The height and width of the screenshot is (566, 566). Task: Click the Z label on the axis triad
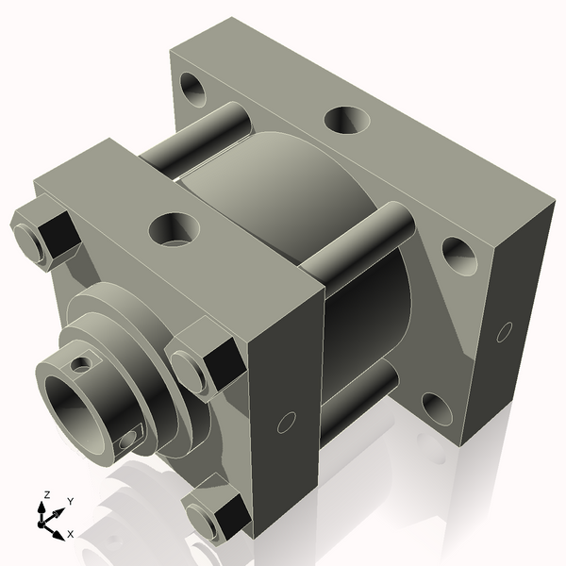point(47,494)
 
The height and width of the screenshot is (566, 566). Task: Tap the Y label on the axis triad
point(71,501)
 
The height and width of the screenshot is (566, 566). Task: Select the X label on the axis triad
point(70,534)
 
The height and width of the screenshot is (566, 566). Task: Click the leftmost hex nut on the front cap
point(42,234)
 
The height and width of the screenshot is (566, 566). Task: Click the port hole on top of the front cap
point(175,227)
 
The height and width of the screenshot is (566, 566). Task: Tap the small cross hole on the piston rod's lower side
point(130,437)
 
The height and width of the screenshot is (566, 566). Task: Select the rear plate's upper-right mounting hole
point(458,255)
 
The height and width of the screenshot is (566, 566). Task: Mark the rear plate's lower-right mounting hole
point(436,408)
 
